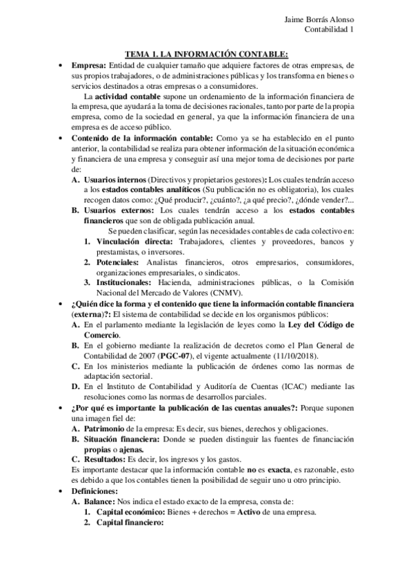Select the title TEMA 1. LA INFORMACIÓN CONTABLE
(205, 53)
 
